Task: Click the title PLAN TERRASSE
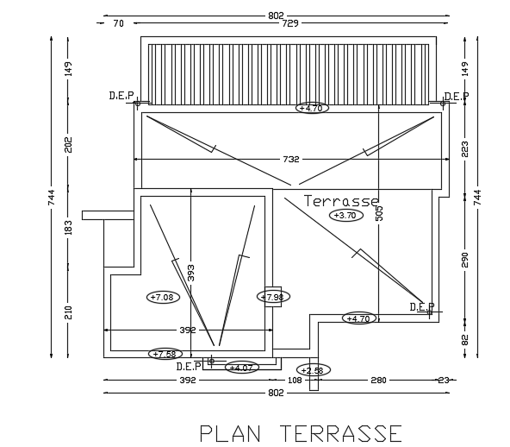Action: coord(300,431)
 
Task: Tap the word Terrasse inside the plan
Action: coord(342,201)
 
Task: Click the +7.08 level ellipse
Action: coord(162,297)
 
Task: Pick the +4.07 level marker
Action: coord(241,368)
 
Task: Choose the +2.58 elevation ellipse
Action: coord(313,370)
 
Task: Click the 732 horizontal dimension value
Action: coord(290,159)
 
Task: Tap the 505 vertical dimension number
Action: coord(378,213)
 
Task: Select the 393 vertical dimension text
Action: coord(191,273)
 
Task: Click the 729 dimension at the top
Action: coord(290,23)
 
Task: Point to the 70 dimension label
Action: coord(118,23)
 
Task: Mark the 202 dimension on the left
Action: coord(69,145)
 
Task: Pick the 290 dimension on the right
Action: coord(465,260)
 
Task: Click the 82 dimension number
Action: coord(465,339)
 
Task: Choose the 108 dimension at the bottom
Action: coord(294,380)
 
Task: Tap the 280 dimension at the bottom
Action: coord(379,380)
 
